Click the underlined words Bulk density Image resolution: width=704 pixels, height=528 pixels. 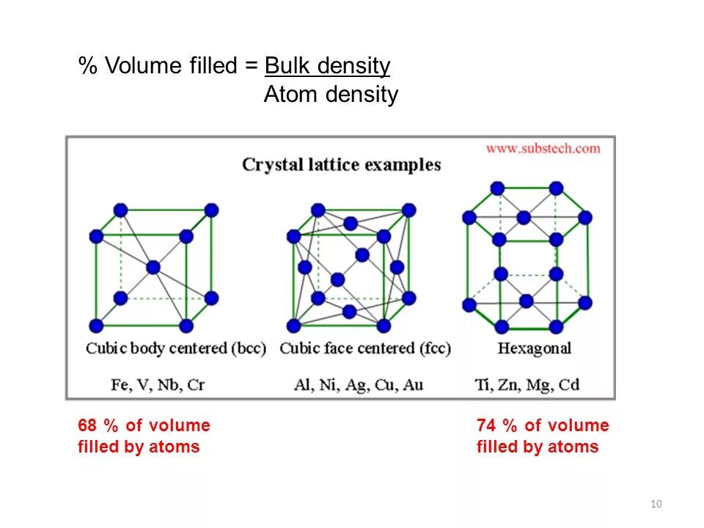point(327,66)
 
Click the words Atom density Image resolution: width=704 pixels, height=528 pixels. point(331,95)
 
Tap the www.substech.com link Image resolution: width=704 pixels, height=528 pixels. point(543,148)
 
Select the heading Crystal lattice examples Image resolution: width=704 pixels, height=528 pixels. point(342,165)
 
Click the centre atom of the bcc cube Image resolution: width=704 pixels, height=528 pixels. point(153,268)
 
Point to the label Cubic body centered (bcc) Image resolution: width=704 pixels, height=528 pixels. point(176,348)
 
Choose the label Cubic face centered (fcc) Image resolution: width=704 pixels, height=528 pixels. point(365,348)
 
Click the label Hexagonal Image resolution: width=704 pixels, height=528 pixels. point(534,348)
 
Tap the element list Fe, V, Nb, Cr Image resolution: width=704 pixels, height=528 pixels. point(158,384)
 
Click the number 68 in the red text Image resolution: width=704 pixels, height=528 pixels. point(88,426)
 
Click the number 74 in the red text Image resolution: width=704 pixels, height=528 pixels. point(486,426)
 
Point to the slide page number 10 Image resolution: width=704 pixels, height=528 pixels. point(656,503)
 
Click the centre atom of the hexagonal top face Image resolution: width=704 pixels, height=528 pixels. point(524,218)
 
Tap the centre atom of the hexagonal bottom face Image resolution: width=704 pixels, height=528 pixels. point(526,301)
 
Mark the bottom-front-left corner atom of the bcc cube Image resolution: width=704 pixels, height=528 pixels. point(95,326)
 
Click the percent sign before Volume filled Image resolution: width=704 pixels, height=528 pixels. point(88,67)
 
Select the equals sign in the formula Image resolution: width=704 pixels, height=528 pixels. point(252,67)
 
